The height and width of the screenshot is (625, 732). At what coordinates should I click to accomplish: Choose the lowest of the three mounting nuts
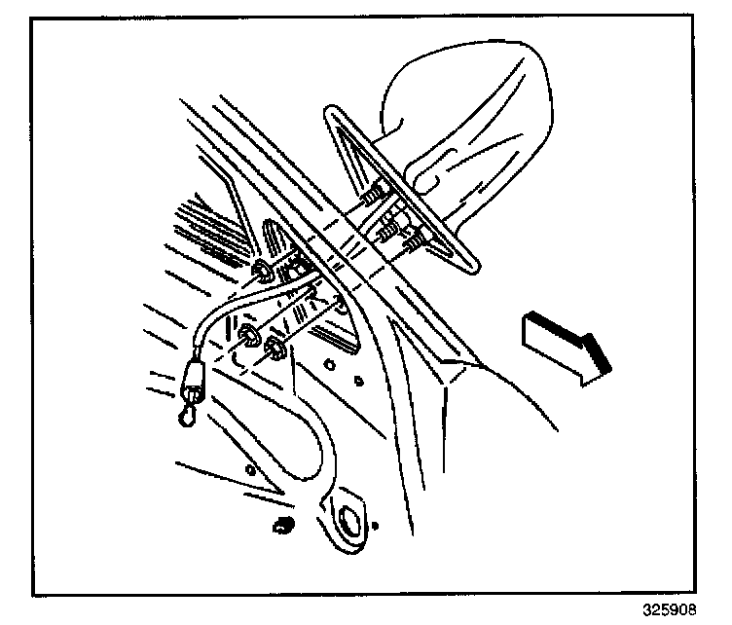pos(276,349)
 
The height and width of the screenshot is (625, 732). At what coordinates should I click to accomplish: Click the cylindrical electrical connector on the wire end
pos(194,375)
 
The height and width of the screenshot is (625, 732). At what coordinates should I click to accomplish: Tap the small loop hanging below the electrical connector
pos(185,416)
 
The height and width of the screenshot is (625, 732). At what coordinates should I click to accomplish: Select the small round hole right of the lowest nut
pos(332,367)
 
